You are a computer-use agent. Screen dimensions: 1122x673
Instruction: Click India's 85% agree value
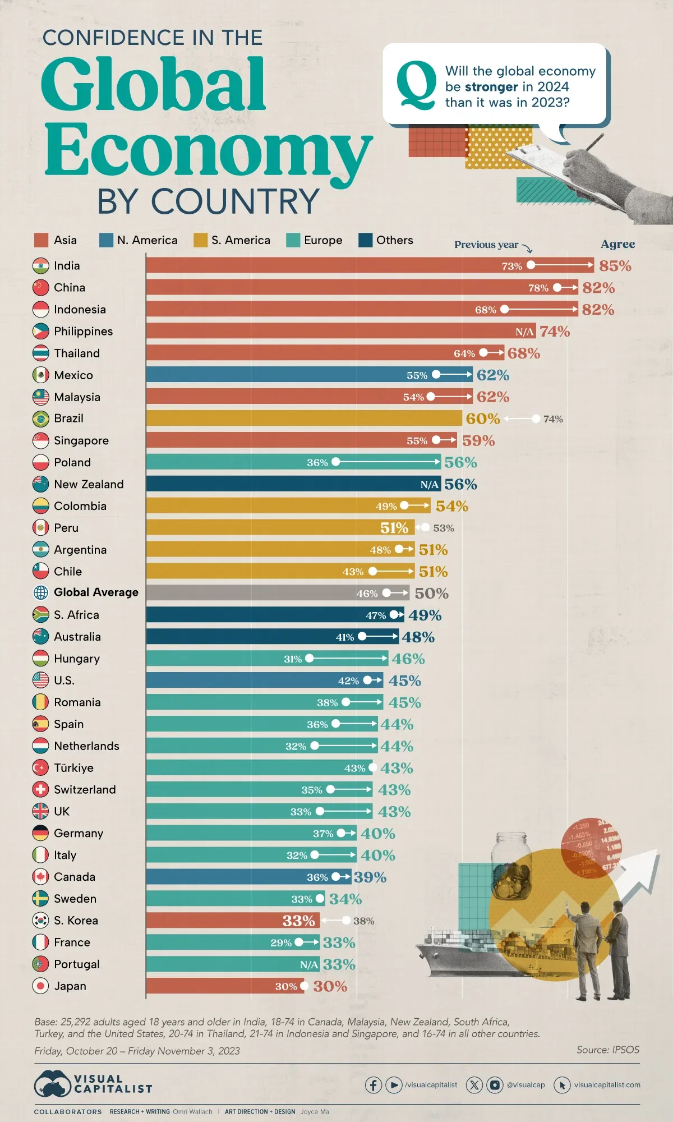[615, 266]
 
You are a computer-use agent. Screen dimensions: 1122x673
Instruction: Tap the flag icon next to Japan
[40, 986]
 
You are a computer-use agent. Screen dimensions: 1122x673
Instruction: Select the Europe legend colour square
[293, 240]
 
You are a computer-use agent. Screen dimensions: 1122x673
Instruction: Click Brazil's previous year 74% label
[553, 419]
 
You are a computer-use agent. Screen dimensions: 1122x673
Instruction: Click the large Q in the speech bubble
[416, 85]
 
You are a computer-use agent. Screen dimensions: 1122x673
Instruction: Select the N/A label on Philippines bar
[524, 332]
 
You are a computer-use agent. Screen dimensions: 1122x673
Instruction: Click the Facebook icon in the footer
[374, 1085]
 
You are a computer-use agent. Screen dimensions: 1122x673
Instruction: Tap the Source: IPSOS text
[607, 1050]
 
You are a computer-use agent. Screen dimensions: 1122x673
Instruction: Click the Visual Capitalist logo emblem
[52, 1084]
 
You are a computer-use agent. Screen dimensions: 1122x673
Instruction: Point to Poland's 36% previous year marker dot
[335, 462]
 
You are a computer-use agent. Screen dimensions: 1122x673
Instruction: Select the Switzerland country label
[85, 790]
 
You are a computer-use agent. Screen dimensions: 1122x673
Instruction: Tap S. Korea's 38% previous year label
[363, 921]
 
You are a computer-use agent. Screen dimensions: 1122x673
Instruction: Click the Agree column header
[617, 244]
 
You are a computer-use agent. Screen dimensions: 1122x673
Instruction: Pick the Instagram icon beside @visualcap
[495, 1085]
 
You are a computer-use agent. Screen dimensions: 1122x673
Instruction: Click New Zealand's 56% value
[460, 484]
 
